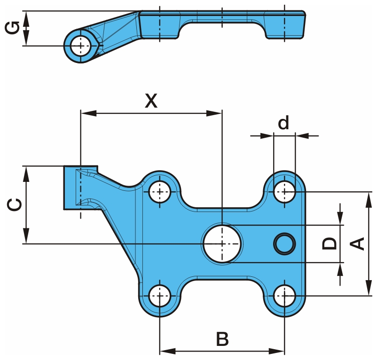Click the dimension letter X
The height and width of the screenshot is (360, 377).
click(x=151, y=101)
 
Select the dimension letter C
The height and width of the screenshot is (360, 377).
click(x=14, y=205)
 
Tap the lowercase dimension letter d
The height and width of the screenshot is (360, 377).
click(x=283, y=123)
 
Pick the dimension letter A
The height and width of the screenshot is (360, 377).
click(x=358, y=243)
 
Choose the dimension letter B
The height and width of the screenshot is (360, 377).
click(x=222, y=339)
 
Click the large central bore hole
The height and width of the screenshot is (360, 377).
click(x=222, y=243)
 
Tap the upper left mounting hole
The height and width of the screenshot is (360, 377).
click(x=160, y=191)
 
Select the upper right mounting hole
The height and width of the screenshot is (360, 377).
click(x=284, y=191)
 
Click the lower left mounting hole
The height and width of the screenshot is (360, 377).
click(x=160, y=296)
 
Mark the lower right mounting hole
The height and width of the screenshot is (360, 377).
click(x=284, y=296)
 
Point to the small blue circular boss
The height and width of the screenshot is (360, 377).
click(x=284, y=243)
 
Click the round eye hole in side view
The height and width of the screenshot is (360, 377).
click(x=81, y=46)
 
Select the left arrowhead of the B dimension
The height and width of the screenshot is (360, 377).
click(x=166, y=351)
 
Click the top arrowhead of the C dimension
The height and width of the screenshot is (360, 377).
click(x=26, y=171)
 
